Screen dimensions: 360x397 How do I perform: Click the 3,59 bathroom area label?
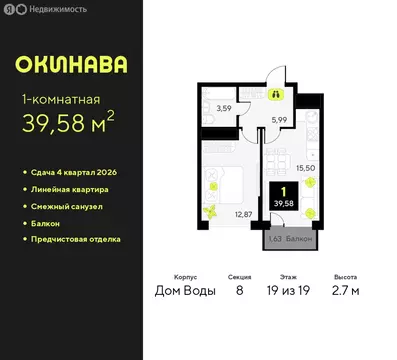(225, 107)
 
